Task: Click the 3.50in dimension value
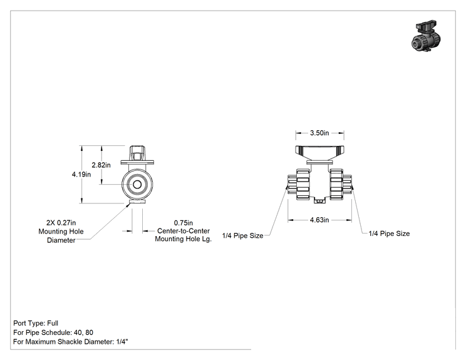319,133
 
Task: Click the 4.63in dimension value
319,220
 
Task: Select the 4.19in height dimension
81,174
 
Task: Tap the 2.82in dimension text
101,165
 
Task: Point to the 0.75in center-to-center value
184,223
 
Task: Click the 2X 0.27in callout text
61,222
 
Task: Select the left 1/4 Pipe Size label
242,235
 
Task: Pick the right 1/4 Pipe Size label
389,234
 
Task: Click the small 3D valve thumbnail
425,36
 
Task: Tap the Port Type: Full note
36,323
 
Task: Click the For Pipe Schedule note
53,332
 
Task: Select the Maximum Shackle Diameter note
71,342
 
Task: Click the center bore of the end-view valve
137,185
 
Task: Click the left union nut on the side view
303,184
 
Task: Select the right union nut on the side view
336,184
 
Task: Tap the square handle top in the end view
137,153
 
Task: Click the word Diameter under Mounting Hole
61,240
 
